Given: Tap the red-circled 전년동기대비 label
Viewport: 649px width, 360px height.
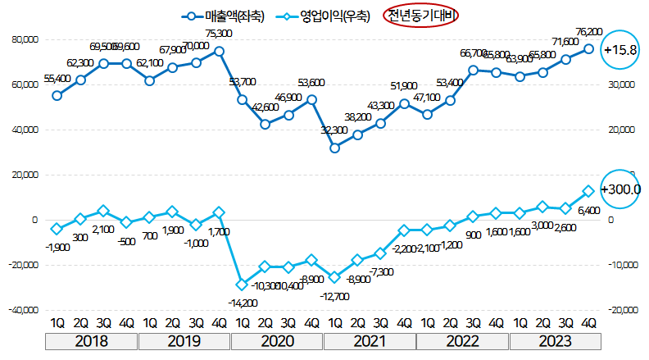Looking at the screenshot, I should click(x=422, y=16).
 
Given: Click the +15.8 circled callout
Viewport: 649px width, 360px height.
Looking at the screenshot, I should click(x=619, y=49).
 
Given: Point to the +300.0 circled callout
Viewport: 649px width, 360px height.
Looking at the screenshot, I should click(x=620, y=189).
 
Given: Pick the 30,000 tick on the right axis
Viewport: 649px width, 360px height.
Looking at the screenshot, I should click(x=624, y=84).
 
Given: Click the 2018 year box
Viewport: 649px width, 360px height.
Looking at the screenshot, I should click(x=92, y=342).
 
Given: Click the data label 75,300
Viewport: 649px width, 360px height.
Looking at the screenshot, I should click(x=219, y=34).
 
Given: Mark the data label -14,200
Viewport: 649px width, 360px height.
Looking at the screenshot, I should click(x=242, y=303).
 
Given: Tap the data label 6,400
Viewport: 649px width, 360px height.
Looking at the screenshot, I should click(x=589, y=212).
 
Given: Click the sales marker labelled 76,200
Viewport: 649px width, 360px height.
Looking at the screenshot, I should click(x=588, y=49).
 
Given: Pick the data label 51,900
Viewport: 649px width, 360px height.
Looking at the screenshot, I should click(x=405, y=85).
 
